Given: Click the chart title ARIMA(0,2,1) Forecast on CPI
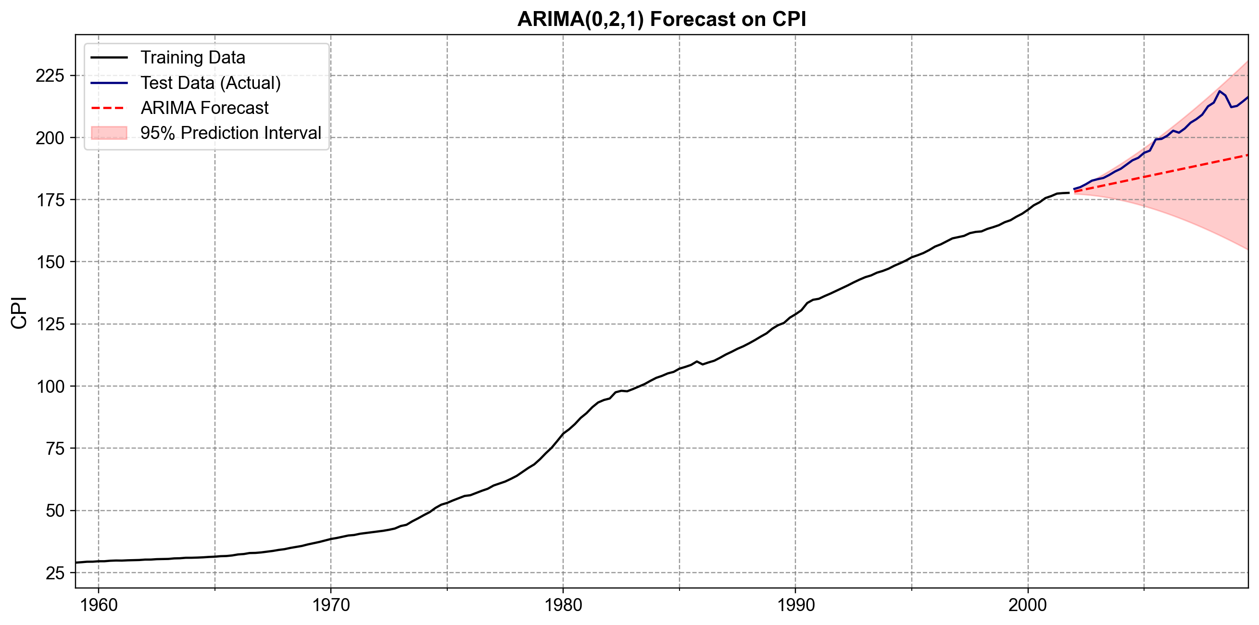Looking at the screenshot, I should [661, 19].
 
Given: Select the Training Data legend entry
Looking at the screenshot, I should [192, 58].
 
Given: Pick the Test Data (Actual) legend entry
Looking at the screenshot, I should [210, 83].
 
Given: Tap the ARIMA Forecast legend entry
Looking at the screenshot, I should [204, 108].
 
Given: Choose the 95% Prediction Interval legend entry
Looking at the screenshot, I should [230, 133].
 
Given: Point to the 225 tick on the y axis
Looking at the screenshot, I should [50, 76].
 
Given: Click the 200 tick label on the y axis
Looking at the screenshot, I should [50, 138].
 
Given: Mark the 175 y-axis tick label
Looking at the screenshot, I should [50, 200].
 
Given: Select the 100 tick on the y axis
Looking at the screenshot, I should [50, 387].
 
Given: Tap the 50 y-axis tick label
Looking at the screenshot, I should [55, 511].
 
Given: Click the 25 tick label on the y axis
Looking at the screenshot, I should [55, 573].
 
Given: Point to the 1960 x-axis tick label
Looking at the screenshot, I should [99, 605].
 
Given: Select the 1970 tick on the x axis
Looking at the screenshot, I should [331, 605].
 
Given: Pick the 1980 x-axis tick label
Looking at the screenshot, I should [563, 605].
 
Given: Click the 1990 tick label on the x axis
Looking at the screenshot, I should [796, 605].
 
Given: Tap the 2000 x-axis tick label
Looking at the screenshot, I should [1028, 605].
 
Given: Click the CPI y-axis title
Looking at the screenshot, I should [19, 313].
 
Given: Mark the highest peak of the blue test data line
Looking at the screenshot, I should [1220, 91].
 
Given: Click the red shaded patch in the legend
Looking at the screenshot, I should [109, 133].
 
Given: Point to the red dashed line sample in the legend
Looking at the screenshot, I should [109, 108].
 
